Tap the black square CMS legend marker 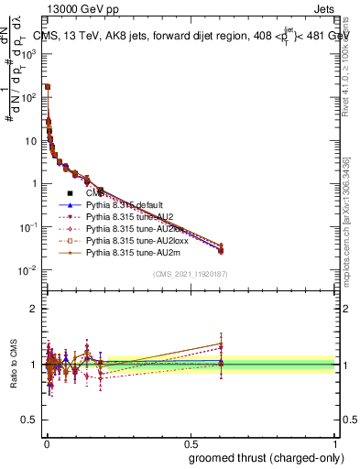(x=70, y=195)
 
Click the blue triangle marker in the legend (x=70, y=206)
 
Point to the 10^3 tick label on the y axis (x=27, y=54)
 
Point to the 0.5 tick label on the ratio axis (x=31, y=420)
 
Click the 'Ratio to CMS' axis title (x=13, y=364)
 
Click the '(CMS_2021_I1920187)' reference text (x=191, y=273)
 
